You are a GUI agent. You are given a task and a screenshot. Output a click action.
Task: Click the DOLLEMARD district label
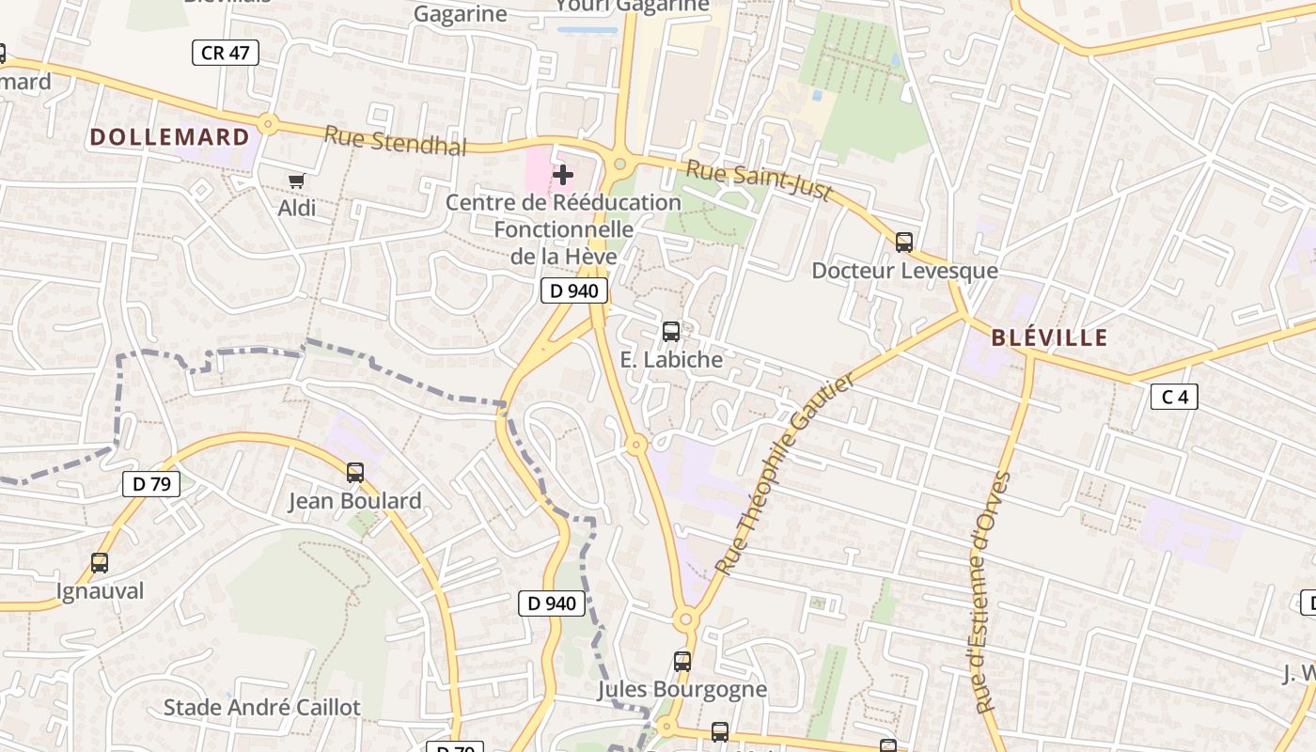[x=170, y=137]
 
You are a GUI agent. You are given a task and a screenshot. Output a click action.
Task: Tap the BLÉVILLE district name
[x=1049, y=338]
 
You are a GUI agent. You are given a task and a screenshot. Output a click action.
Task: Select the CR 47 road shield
[x=226, y=53]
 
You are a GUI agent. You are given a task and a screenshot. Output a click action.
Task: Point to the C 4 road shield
[x=1174, y=397]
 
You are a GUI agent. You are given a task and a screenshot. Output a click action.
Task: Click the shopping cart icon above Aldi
[x=297, y=180]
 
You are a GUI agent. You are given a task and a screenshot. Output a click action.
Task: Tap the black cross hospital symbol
[x=563, y=175]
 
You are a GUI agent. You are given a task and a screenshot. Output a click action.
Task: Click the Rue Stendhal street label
[x=395, y=141]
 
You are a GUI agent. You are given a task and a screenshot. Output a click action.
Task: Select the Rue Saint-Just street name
[x=760, y=180]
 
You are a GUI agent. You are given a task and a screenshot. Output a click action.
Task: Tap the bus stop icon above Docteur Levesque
[x=904, y=243]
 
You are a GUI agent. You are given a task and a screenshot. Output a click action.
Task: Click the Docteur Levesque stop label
[x=904, y=271]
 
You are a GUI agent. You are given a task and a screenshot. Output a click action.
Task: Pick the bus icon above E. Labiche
[x=671, y=331]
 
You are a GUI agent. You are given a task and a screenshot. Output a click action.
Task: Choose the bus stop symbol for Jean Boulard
[x=355, y=473]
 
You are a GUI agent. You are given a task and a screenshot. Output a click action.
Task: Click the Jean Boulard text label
[x=354, y=501]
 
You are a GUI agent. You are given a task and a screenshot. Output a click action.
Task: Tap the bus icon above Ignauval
[x=100, y=563]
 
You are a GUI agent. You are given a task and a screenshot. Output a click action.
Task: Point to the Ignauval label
[x=101, y=591]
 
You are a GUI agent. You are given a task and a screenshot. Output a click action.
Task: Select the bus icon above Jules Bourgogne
[x=682, y=662]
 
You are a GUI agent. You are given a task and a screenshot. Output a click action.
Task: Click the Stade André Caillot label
[x=262, y=708]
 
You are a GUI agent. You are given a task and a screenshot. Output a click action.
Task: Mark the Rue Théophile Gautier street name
[x=786, y=474]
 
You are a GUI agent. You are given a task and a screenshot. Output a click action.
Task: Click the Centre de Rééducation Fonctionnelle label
[x=563, y=228]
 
